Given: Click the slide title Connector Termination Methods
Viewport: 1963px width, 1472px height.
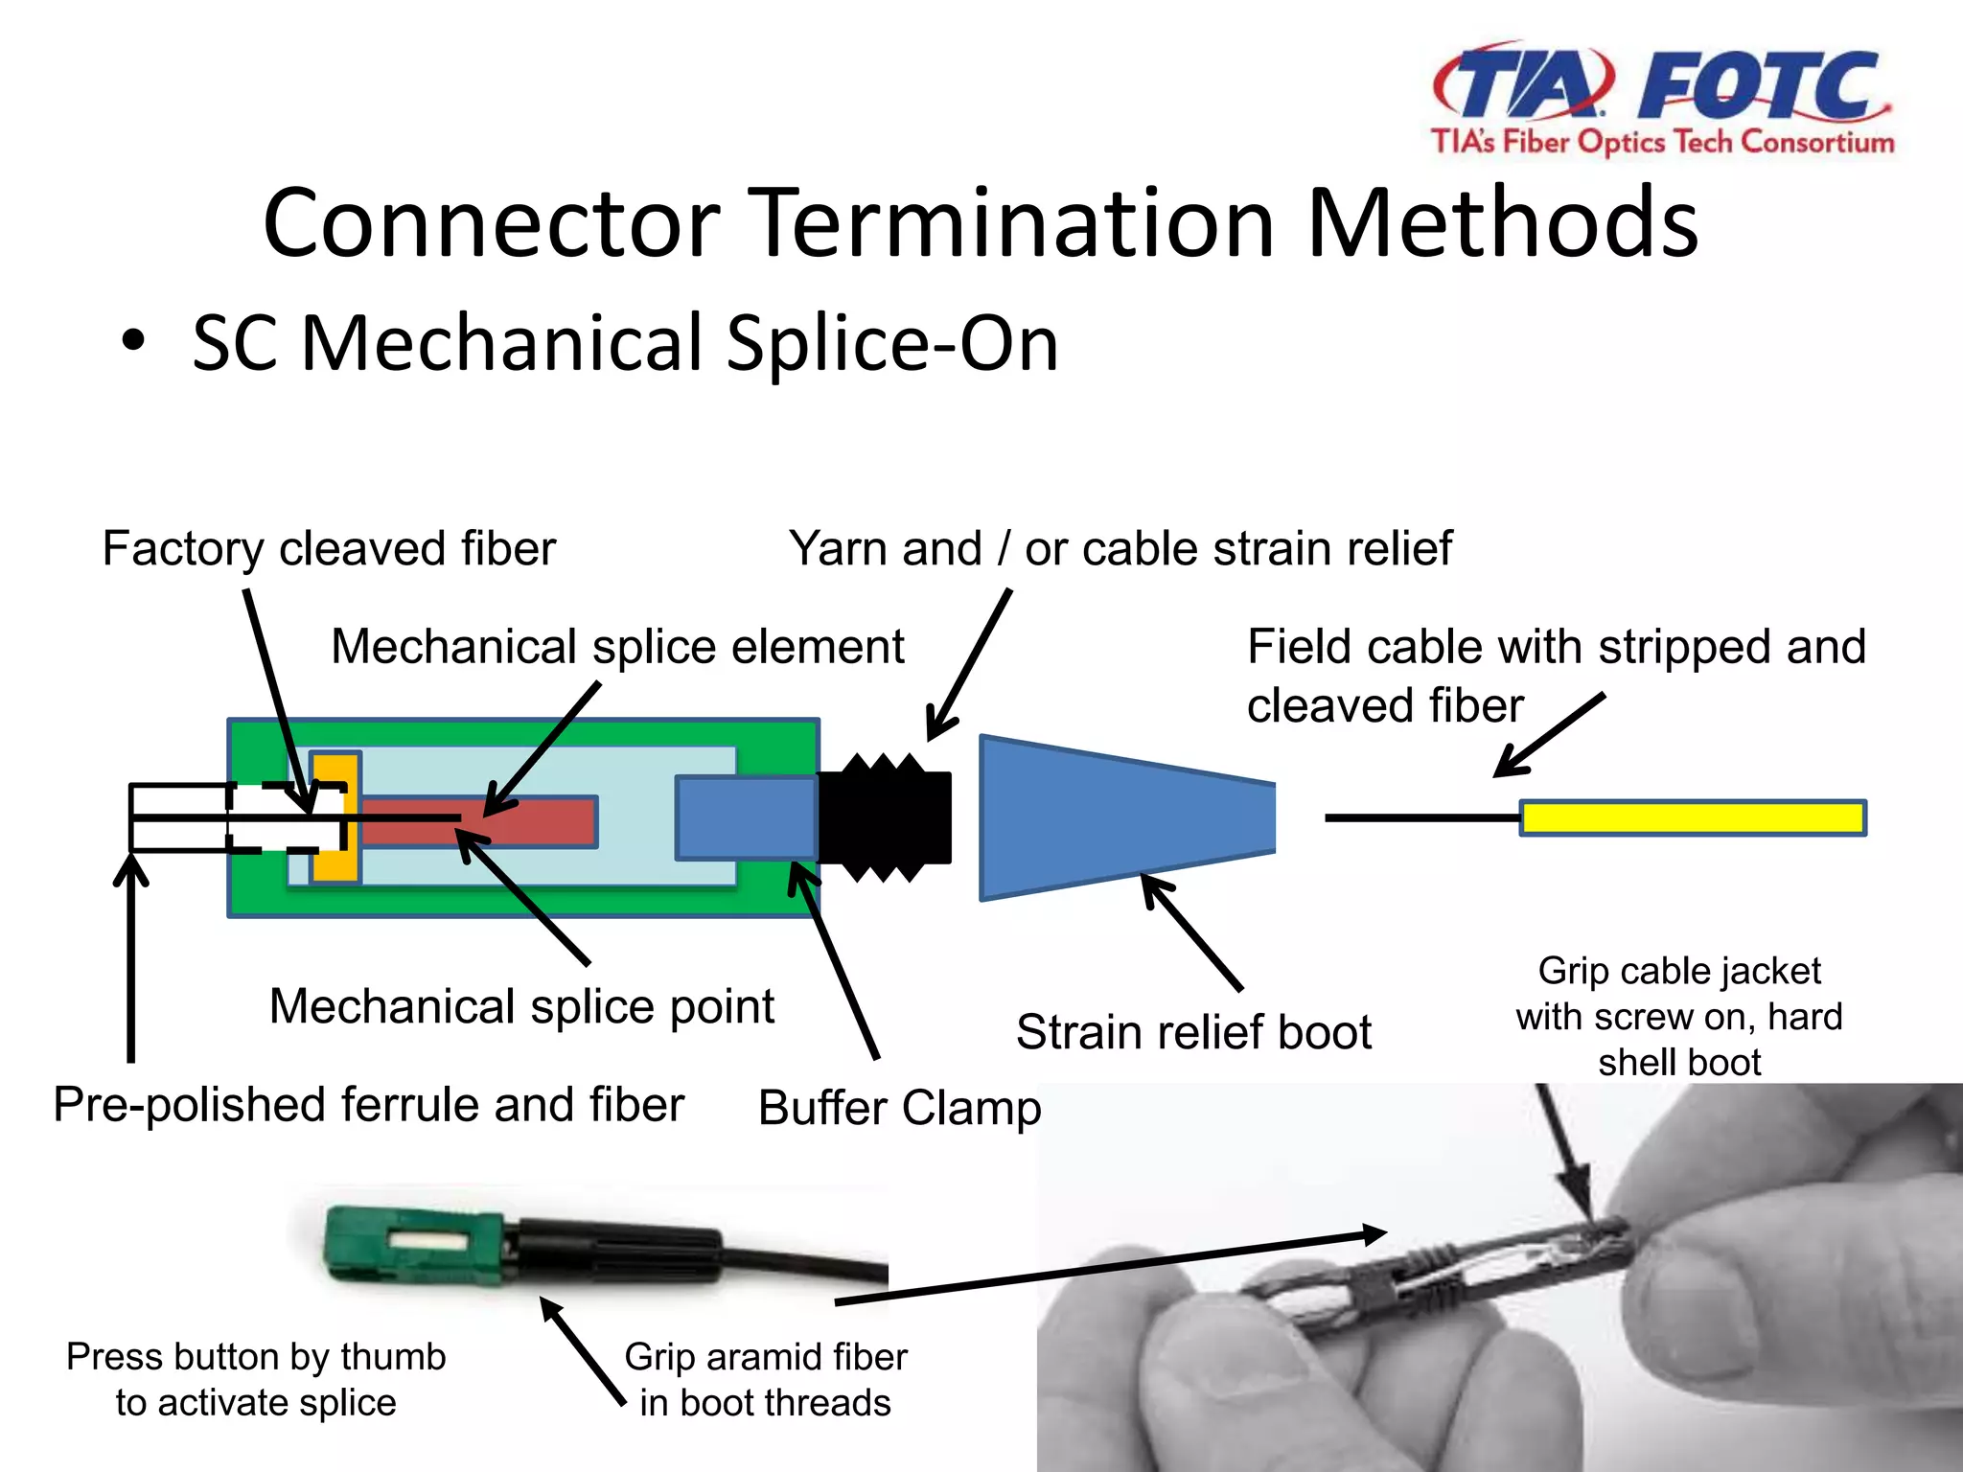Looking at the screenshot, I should [x=980, y=223].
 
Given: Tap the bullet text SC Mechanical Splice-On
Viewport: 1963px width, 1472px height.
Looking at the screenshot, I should [x=625, y=343].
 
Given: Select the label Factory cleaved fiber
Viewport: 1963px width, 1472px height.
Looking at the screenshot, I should [x=329, y=549].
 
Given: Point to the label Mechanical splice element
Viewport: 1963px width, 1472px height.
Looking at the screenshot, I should [x=617, y=647].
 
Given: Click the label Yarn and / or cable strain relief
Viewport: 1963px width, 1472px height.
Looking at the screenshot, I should [x=1120, y=549].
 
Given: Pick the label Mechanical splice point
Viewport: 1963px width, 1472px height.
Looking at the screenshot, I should [x=521, y=1007].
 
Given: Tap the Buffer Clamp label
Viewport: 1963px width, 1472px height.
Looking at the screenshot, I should [x=898, y=1108].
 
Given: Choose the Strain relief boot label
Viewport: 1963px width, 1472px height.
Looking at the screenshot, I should [x=1193, y=1033].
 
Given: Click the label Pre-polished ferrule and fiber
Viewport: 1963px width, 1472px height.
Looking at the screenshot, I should [x=368, y=1105].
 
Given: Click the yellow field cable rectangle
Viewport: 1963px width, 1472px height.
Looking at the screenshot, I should [x=1692, y=818].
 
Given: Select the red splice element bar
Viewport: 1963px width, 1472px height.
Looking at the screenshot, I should [x=527, y=821].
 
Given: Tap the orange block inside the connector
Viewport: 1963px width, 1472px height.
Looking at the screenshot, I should [x=335, y=816].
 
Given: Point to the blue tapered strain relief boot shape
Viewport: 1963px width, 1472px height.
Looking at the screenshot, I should [x=1121, y=818].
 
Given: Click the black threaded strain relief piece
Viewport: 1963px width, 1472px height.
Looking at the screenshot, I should [x=884, y=817].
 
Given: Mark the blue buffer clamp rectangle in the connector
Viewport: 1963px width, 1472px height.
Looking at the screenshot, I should [x=746, y=817].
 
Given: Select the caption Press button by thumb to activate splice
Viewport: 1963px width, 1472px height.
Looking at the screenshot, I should [x=256, y=1380].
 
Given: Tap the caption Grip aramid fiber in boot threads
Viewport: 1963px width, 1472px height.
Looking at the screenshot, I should [x=765, y=1380].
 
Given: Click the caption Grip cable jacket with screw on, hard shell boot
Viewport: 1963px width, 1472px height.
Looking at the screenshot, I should [x=1679, y=1017].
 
